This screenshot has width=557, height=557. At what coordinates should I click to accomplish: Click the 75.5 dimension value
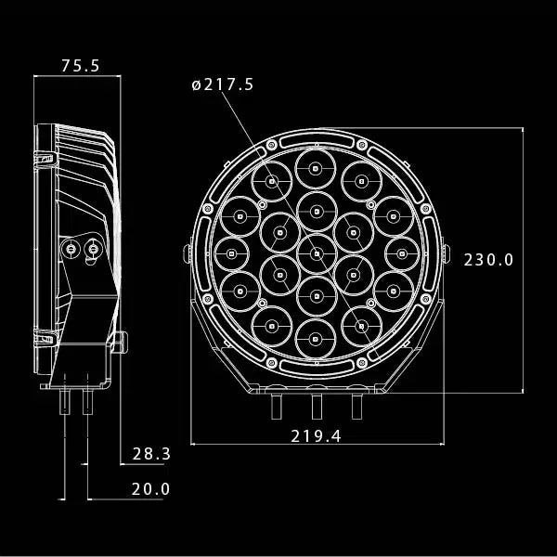[80, 65]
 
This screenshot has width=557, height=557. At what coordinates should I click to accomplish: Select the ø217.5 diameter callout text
[223, 84]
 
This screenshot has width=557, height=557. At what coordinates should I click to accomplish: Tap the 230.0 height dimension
[488, 260]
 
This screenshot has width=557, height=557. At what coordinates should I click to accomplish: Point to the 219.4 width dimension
[316, 435]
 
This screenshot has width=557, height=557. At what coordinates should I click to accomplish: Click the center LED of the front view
[316, 253]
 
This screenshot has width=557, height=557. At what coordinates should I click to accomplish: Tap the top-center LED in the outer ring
[316, 169]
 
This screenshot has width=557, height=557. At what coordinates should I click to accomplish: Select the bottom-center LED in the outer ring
[316, 337]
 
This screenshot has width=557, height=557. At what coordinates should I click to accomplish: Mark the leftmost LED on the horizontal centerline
[231, 253]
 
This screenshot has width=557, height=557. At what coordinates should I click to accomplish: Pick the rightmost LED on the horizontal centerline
[401, 253]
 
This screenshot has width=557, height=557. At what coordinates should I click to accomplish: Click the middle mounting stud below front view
[316, 405]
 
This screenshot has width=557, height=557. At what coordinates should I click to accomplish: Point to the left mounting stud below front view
[276, 405]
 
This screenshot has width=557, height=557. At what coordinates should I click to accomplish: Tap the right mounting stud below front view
[356, 405]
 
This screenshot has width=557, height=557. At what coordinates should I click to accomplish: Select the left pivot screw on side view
[71, 249]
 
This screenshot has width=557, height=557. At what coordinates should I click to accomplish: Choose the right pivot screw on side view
[93, 249]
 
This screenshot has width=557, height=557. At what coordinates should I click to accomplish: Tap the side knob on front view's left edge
[188, 253]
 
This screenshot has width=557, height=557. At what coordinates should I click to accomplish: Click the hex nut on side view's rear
[118, 343]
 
